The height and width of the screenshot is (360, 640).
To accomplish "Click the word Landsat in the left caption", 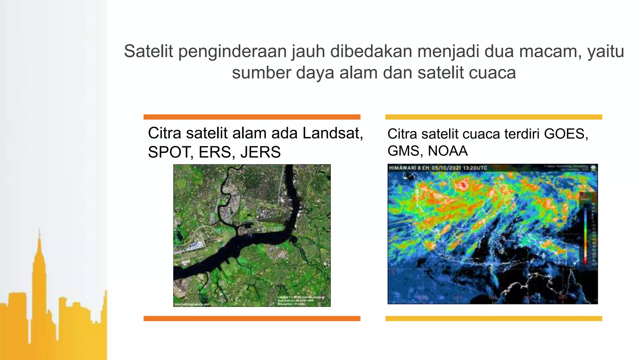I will click(x=332, y=133).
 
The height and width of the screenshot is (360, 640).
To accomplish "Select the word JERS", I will click(x=260, y=152).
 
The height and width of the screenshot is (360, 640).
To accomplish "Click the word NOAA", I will click(x=447, y=151).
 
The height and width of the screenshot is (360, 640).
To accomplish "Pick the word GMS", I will click(x=405, y=151).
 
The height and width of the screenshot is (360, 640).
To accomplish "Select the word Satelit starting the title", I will click(x=148, y=51).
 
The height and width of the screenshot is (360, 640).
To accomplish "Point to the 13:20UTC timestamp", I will click(x=475, y=168).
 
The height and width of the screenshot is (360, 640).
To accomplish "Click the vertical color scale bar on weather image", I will click(x=586, y=234).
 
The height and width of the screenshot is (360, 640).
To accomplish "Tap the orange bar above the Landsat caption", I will click(x=252, y=117).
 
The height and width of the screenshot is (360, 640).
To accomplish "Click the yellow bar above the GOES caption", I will click(x=493, y=117).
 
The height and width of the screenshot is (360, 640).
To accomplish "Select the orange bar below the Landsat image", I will click(x=252, y=318).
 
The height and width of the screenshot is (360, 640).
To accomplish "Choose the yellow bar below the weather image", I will click(x=493, y=318).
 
